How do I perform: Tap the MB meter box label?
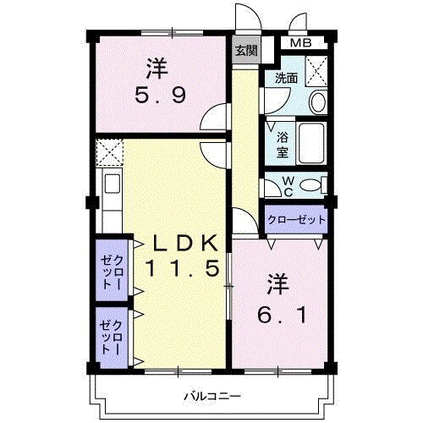(300, 44)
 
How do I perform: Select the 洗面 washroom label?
(285, 79)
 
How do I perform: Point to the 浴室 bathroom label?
(282, 144)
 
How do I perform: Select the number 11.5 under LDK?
(183, 270)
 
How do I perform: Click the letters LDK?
(184, 243)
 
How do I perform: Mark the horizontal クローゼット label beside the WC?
(296, 219)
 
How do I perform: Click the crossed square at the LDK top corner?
(109, 153)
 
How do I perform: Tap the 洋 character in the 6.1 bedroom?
(279, 282)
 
